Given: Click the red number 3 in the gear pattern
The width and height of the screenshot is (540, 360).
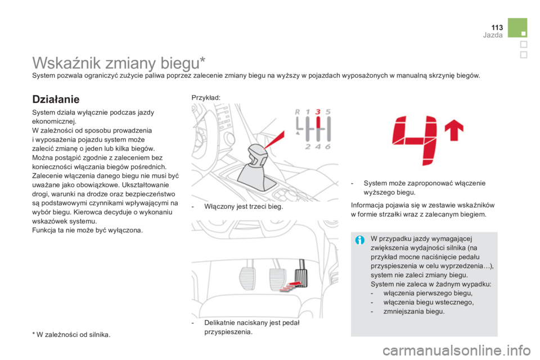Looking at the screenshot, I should tap(318, 111).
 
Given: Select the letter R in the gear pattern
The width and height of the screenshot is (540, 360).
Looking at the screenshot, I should tap(298, 111).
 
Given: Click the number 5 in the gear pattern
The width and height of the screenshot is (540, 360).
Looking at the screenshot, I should tap(328, 111).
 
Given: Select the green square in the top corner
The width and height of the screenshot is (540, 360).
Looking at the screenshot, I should tap(516, 28).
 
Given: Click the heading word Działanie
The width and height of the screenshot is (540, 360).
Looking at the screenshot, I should tap(56, 99).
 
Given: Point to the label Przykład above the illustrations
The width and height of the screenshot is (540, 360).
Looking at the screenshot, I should tap(205, 97).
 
